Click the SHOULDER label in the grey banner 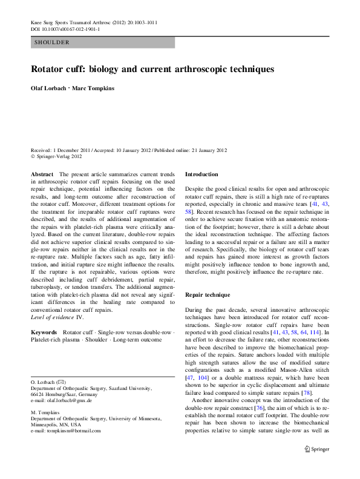[x=53, y=42]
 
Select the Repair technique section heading [x=208, y=295]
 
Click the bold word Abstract [x=42, y=174]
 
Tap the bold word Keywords [x=44, y=332]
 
